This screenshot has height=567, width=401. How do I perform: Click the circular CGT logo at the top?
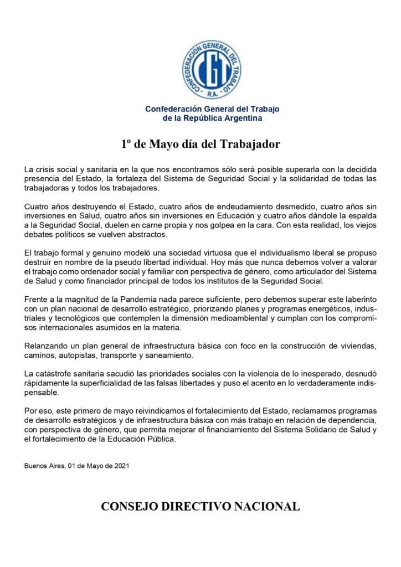212,69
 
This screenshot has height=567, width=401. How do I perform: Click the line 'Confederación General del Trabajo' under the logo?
212,109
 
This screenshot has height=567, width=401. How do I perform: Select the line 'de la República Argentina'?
212,118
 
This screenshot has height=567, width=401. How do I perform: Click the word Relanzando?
45,346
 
